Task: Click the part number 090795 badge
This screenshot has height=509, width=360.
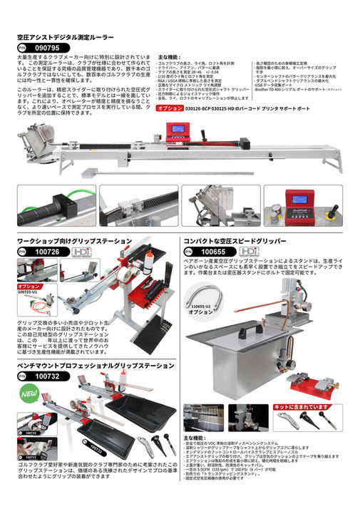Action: tap(37, 46)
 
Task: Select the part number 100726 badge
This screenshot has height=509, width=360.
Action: tap(37, 252)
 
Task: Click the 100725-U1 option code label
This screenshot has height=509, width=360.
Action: tap(28, 292)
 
